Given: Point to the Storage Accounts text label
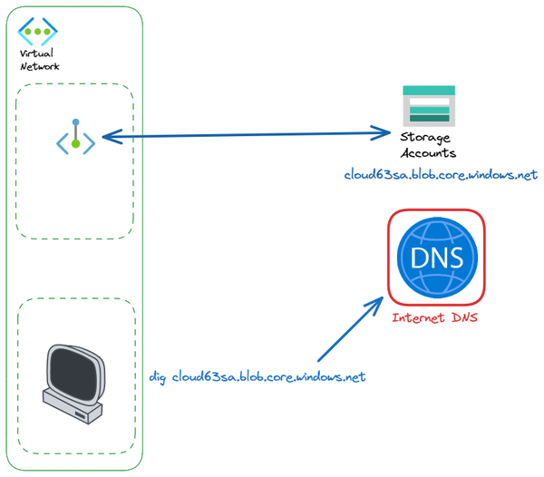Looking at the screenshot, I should pyautogui.click(x=427, y=145).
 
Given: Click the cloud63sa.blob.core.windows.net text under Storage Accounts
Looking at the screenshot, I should pyautogui.click(x=441, y=174).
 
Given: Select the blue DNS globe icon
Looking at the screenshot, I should pyautogui.click(x=436, y=258).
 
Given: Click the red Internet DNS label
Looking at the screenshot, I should pyautogui.click(x=435, y=318).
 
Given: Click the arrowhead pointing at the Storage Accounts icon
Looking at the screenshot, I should pyautogui.click(x=384, y=134).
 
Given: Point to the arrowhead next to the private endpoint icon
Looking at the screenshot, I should pyautogui.click(x=108, y=137).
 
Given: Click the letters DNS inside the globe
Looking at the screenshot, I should pyautogui.click(x=436, y=258).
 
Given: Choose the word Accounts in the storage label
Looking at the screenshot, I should pyautogui.click(x=433, y=153).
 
